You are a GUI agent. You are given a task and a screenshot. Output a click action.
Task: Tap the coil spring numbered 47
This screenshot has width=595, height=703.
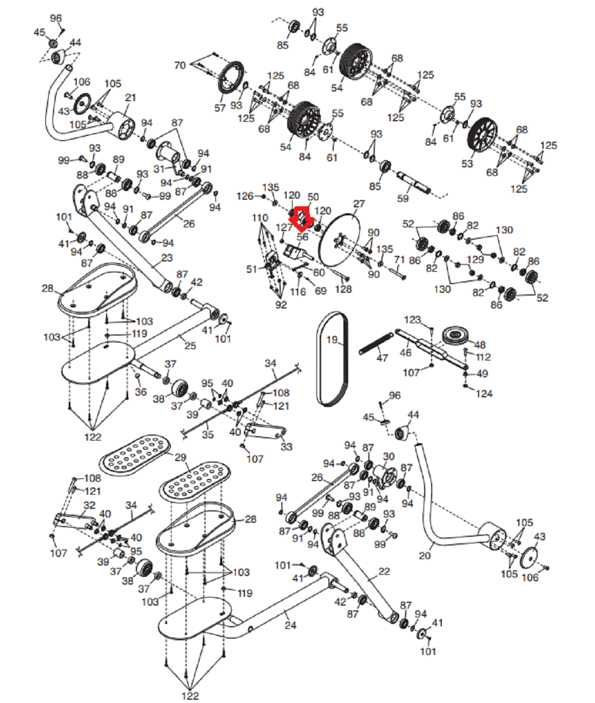376,344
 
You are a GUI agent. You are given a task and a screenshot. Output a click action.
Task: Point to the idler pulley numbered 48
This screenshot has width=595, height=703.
457,336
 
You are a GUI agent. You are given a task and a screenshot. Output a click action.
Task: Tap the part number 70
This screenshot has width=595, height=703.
180,65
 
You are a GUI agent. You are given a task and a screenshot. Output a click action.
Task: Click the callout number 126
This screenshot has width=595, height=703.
245,196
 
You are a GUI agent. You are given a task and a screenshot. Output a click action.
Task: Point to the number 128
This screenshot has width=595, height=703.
343,289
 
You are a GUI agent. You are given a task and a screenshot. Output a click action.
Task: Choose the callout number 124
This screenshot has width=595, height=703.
484,394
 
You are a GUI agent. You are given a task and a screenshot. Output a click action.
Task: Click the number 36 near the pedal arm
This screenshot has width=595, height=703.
141,392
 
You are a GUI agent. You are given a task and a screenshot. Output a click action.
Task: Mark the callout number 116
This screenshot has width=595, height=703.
298,292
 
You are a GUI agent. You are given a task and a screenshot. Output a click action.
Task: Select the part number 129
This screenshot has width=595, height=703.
475,260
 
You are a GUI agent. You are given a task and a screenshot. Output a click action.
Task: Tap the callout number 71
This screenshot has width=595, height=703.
399,260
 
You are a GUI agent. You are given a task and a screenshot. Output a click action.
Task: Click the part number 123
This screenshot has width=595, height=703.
412,320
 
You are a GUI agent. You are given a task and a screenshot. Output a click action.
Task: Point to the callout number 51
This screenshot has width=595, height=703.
252,269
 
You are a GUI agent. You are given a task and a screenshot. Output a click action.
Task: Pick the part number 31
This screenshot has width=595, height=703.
159,169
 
